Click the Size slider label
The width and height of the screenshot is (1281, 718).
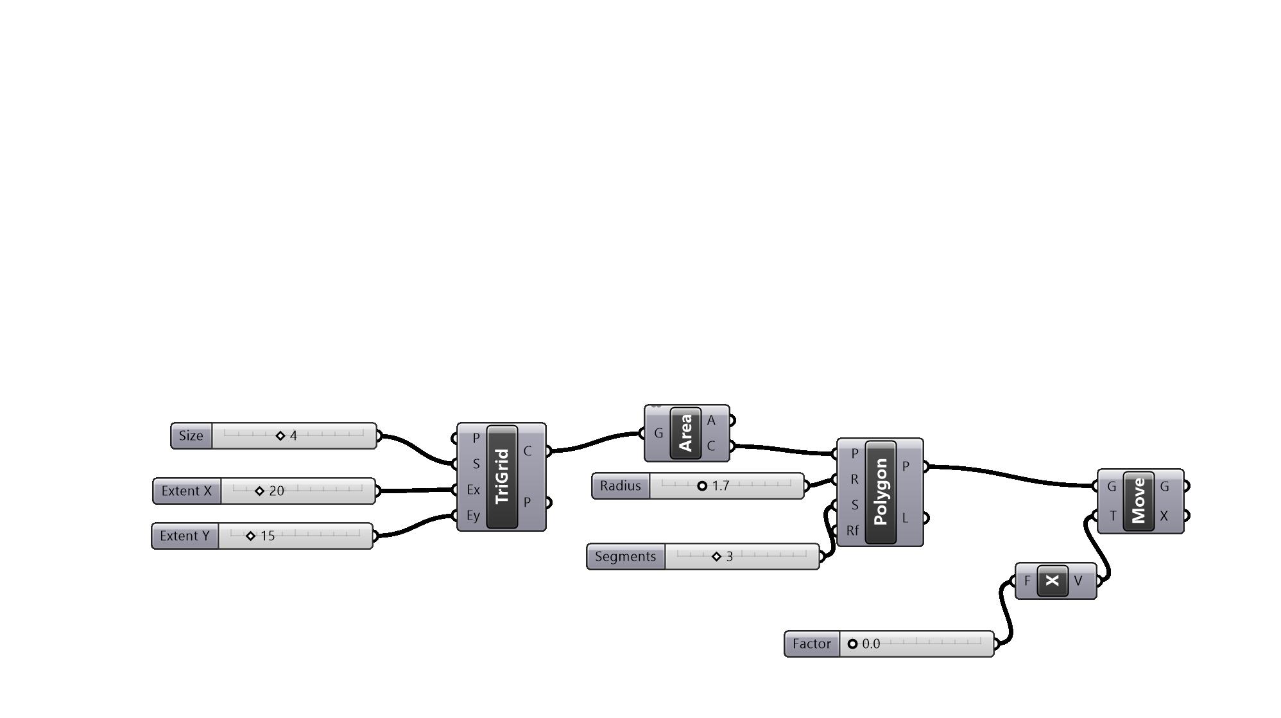pos(191,435)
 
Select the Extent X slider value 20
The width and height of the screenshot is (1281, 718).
pos(276,491)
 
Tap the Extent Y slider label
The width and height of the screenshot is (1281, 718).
pos(185,536)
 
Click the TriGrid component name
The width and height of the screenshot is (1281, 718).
pos(503,477)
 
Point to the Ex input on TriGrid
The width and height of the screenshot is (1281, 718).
pos(474,489)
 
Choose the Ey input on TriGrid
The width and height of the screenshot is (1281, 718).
pos(474,516)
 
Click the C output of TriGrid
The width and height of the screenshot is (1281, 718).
pos(527,451)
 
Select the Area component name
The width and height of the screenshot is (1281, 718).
pos(685,433)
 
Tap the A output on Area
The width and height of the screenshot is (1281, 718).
pos(711,421)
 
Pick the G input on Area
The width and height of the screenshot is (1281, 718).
pos(658,433)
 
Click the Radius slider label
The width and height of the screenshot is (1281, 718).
pos(620,486)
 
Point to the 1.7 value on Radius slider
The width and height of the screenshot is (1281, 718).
pos(720,486)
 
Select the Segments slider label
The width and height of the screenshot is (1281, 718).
pos(625,556)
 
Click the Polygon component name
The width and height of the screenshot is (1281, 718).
pos(881,492)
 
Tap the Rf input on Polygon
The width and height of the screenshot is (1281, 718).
pos(852,531)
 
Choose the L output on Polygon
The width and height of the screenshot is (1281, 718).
pos(906,518)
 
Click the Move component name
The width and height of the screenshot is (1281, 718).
pos(1139,501)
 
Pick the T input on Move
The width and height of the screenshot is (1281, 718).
pos(1113,516)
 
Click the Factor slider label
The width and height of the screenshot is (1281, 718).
pos(811,644)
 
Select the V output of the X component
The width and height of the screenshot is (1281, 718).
pos(1078,581)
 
